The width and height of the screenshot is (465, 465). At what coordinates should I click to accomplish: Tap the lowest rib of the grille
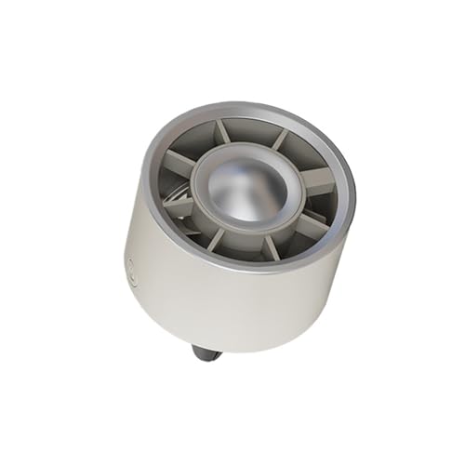(x=269, y=248)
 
